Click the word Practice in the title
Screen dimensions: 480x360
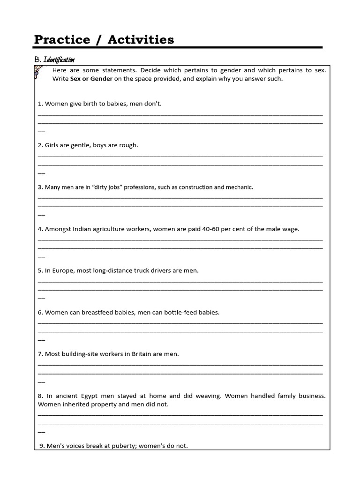[62, 40]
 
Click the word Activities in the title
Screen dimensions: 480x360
[141, 40]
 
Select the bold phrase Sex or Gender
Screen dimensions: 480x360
[91, 79]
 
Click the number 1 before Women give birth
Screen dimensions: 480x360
[39, 104]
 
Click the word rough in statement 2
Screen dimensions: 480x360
[128, 145]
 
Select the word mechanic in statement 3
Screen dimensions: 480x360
[240, 187]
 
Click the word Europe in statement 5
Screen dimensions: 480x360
[62, 270]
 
